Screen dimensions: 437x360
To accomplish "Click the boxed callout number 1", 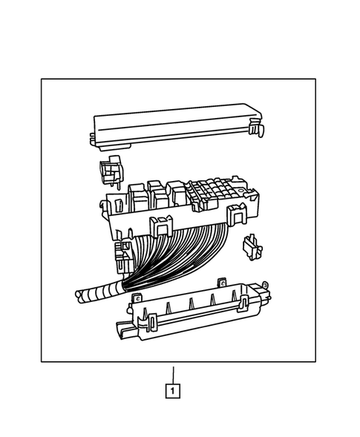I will coord(172,390).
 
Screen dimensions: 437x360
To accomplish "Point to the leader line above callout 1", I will coord(172,373).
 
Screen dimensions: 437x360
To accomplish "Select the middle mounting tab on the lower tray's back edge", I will coord(220,281).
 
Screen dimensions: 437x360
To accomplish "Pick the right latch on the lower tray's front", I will coord(242,302).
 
